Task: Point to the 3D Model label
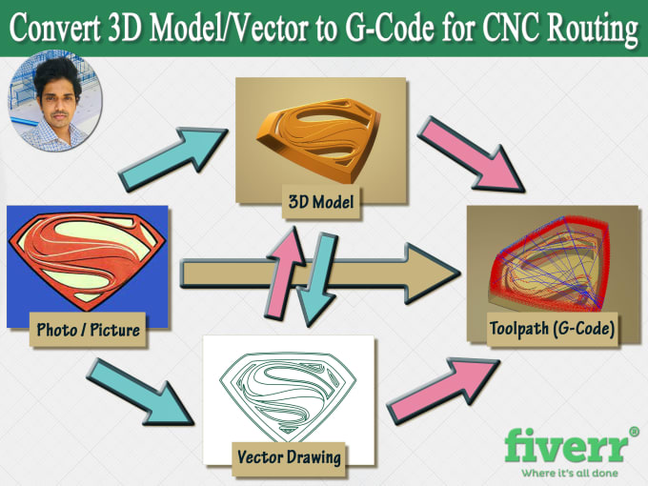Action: [x=321, y=202]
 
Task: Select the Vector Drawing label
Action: [x=288, y=456]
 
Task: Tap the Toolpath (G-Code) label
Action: [x=552, y=330]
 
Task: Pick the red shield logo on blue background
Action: [x=87, y=257]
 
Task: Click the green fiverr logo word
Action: [x=564, y=447]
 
